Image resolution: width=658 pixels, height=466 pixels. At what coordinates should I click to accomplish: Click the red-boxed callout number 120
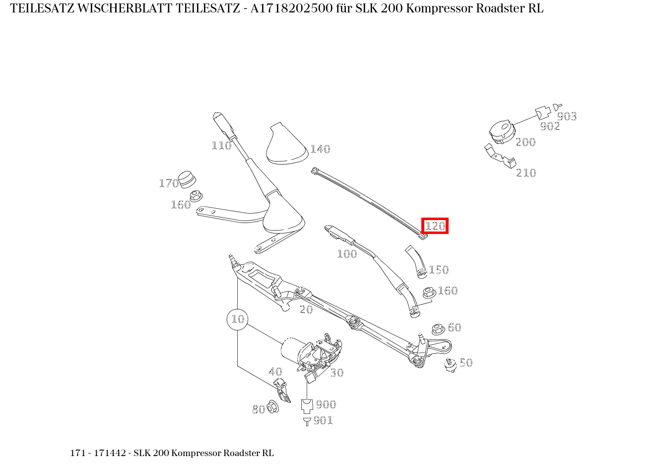435,226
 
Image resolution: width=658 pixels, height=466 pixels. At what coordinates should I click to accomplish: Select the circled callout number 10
238,319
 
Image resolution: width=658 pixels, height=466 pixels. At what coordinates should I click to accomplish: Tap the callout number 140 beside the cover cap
320,149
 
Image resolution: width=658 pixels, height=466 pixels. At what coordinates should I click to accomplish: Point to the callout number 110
221,146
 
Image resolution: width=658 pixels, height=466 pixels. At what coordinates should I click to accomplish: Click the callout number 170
168,183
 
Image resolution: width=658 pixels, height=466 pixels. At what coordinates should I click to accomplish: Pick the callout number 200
526,142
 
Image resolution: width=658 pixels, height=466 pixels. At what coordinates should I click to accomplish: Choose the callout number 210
526,173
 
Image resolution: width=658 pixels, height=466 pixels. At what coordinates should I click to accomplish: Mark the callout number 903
567,116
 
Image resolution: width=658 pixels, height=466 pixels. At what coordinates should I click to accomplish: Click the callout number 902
550,126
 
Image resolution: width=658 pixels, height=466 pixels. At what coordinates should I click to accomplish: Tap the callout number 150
439,270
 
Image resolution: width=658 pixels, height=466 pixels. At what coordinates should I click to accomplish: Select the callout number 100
347,254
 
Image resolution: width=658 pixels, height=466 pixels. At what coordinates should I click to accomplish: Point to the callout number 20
306,310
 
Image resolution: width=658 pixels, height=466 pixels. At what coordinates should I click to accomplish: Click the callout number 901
323,420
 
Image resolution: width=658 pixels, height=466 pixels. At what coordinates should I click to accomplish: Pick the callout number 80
259,409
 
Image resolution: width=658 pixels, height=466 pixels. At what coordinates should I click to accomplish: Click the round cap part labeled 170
187,179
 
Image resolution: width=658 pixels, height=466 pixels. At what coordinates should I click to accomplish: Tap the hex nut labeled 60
438,329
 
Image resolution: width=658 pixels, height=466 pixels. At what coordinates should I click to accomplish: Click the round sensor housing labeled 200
501,132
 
